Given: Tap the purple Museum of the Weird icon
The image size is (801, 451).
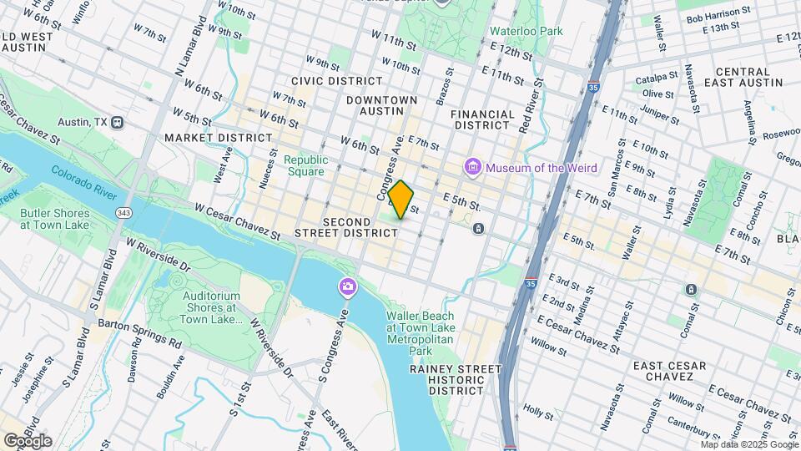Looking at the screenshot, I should (473, 168).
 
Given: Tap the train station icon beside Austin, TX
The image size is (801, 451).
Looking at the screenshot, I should (118, 122).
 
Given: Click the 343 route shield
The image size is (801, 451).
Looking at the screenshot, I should (124, 214).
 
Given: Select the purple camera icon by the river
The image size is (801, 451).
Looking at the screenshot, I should (346, 288).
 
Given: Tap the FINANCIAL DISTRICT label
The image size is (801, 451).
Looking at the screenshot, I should (482, 119).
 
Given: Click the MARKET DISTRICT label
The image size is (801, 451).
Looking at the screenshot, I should (218, 137).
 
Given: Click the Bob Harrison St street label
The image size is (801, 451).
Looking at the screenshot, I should (713, 18).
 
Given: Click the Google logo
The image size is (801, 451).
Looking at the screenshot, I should (28, 441).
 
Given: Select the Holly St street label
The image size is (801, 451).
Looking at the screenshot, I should (538, 412).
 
